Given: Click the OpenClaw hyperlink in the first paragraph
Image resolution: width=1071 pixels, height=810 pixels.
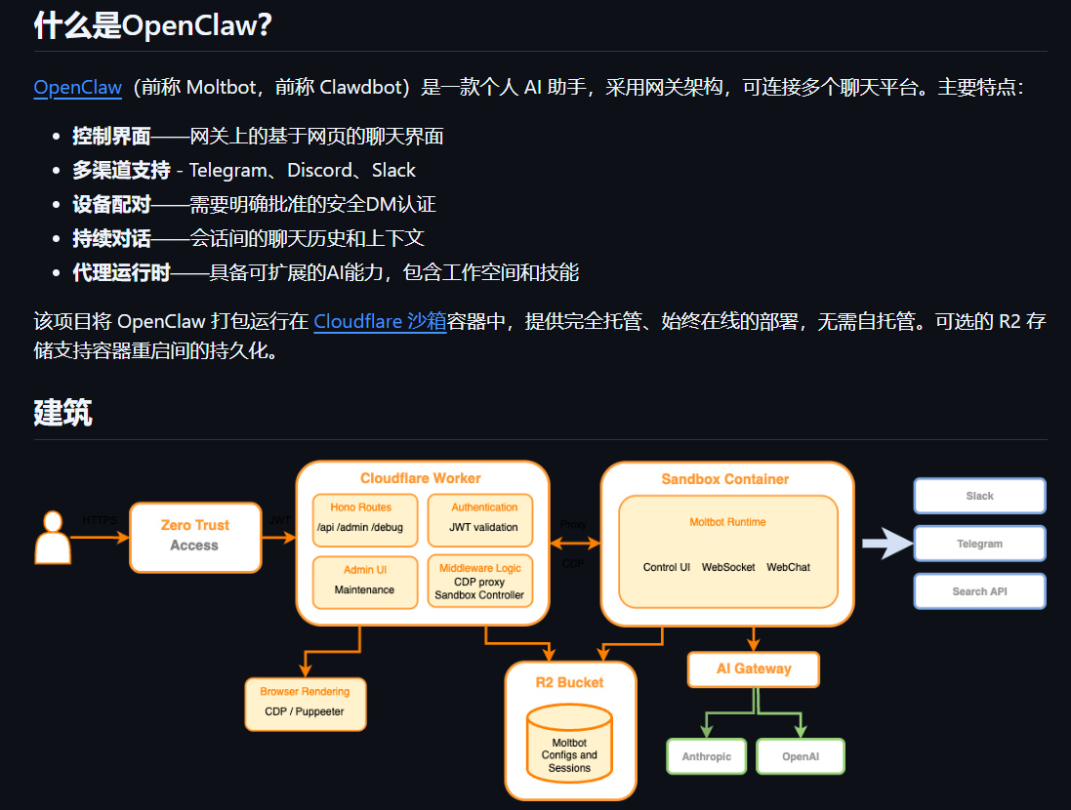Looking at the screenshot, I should coord(77,87).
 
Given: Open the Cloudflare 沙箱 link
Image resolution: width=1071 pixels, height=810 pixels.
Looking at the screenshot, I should coord(380,321).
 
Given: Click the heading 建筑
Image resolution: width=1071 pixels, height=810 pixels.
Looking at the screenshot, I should coord(62,412).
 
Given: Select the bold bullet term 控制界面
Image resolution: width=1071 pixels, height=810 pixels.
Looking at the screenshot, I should coord(111,136).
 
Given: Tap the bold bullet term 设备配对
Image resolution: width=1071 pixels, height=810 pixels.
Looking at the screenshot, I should coord(111,204).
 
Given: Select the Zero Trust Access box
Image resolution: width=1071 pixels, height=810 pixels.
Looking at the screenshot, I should coord(195,537).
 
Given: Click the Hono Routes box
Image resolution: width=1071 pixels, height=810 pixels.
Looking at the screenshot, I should coord(365,519).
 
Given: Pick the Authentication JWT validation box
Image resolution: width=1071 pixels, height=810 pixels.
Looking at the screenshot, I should coord(483,519).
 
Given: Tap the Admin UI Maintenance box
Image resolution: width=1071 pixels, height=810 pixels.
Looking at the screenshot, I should coord(365,581).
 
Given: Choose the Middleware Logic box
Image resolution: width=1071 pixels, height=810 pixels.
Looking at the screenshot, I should coord(479,581).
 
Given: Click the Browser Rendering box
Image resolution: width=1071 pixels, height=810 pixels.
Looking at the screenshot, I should coord(305,703).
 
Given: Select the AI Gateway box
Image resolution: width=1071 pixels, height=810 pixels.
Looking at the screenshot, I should coord(754,669).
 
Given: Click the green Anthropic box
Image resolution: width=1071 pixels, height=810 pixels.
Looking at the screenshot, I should coord(706,756).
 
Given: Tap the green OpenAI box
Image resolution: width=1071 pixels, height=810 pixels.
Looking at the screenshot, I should coord(800,756).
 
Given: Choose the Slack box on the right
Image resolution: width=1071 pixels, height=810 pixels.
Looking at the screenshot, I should coord(979,496).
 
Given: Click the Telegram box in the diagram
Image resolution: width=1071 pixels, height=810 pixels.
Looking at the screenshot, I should coord(979,544).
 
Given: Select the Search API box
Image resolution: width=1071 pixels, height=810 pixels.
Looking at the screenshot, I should coord(979,591).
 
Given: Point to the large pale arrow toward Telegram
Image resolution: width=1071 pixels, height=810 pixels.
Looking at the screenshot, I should coord(886,544).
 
